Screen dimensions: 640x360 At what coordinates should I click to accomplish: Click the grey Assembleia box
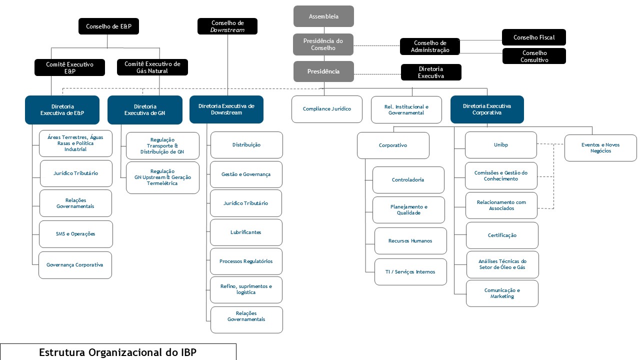coord(323,16)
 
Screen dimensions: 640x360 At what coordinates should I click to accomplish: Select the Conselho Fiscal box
coord(533,37)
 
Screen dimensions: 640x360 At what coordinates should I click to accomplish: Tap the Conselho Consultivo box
coord(534,56)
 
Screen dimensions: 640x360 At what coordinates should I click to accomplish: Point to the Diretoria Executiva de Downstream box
coord(226,109)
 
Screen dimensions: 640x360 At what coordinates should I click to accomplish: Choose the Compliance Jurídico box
coord(327,109)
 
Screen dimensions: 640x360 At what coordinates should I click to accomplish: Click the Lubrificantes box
coord(246,232)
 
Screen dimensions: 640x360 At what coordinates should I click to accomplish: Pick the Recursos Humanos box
coord(410,241)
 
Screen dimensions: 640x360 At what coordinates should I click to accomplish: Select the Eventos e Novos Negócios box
coord(600,148)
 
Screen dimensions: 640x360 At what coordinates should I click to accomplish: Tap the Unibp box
coord(501,145)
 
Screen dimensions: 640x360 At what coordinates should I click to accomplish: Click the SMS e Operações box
coord(75,234)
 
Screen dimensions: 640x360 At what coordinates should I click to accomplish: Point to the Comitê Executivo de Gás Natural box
coord(152,67)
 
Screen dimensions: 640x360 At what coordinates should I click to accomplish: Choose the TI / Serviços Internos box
coord(410,271)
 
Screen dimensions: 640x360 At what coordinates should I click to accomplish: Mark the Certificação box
coord(502,235)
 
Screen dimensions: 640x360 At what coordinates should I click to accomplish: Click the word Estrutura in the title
coord(62,352)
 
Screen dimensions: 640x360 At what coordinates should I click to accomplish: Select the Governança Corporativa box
coord(75,265)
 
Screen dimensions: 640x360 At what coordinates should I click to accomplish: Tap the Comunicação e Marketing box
coord(502,293)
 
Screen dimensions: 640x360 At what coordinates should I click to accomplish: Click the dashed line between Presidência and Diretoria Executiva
coord(377,74)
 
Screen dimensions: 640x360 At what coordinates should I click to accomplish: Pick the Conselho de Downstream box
coord(227,26)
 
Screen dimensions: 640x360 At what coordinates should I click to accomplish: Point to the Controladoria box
coord(408,180)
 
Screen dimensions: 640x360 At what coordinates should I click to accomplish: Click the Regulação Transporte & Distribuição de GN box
coord(162,145)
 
